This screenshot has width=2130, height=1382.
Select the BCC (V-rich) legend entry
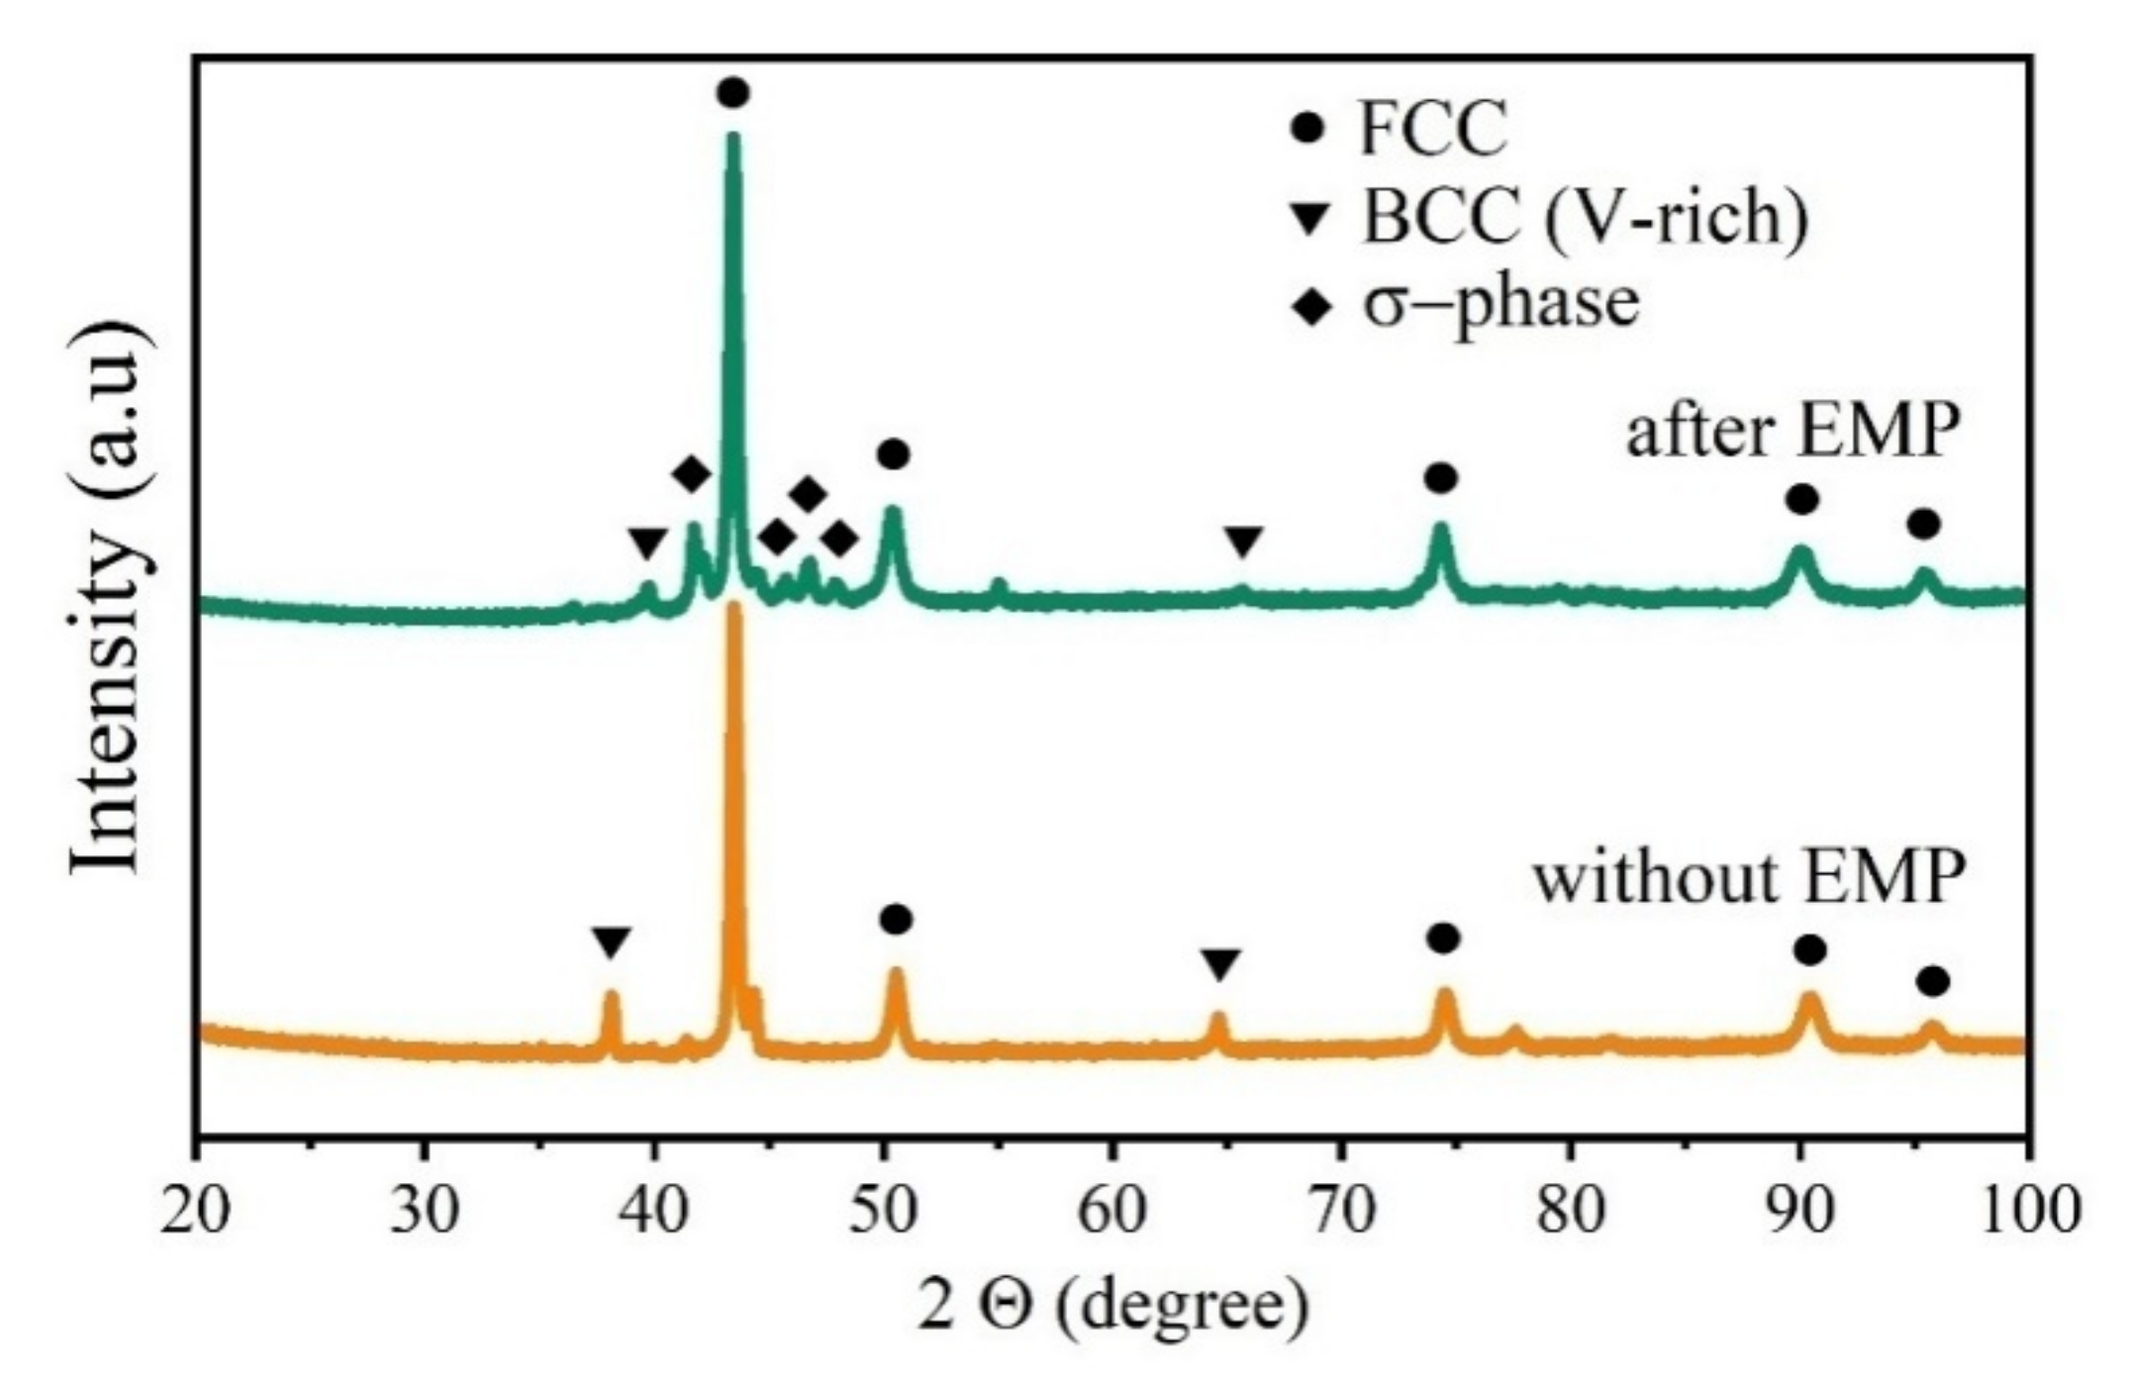point(1554,216)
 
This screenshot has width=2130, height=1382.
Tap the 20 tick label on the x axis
point(198,1211)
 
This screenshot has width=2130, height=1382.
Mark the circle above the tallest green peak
point(732,93)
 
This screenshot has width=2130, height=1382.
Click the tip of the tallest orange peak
point(734,606)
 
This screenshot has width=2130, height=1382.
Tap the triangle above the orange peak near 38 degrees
point(611,942)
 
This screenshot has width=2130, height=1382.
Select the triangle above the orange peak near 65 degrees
point(1220,964)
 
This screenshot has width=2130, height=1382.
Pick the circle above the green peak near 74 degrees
point(1441,479)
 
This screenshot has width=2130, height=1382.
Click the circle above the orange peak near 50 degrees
point(895,920)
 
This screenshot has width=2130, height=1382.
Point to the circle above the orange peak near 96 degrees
point(1932,982)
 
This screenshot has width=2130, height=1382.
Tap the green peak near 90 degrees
point(1801,550)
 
